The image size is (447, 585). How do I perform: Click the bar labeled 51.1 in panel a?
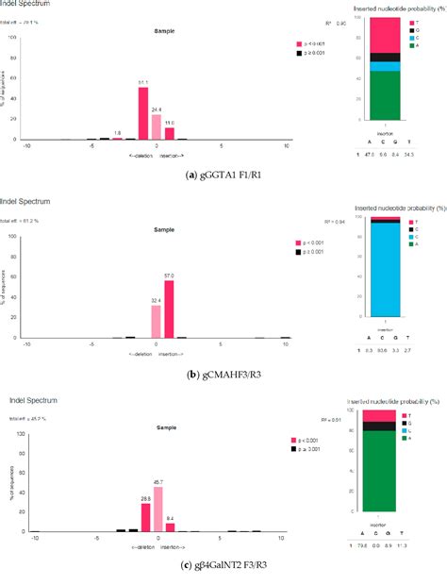(x=143, y=112)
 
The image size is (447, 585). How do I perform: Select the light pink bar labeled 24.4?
(x=157, y=126)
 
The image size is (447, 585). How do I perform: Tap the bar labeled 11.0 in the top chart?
(x=170, y=133)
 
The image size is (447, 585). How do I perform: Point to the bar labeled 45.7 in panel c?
(x=158, y=510)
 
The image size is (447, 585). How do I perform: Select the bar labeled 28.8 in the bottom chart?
(x=146, y=518)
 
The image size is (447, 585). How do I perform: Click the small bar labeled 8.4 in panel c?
(x=171, y=528)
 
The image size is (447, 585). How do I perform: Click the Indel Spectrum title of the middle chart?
(x=25, y=200)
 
